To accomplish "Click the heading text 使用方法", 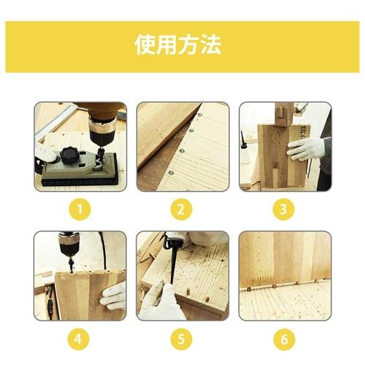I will [x=178, y=45].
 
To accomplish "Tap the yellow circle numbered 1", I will [x=80, y=210].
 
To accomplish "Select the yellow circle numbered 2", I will [x=182, y=210].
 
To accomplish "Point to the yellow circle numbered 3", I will [x=285, y=210].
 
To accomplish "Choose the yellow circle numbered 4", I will [x=80, y=339].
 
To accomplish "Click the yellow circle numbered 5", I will [x=182, y=339].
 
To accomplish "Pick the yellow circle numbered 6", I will [x=285, y=339].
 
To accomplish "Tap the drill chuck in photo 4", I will [x=69, y=252].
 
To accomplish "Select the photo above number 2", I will [x=182, y=146].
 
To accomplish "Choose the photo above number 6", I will [x=285, y=276].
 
